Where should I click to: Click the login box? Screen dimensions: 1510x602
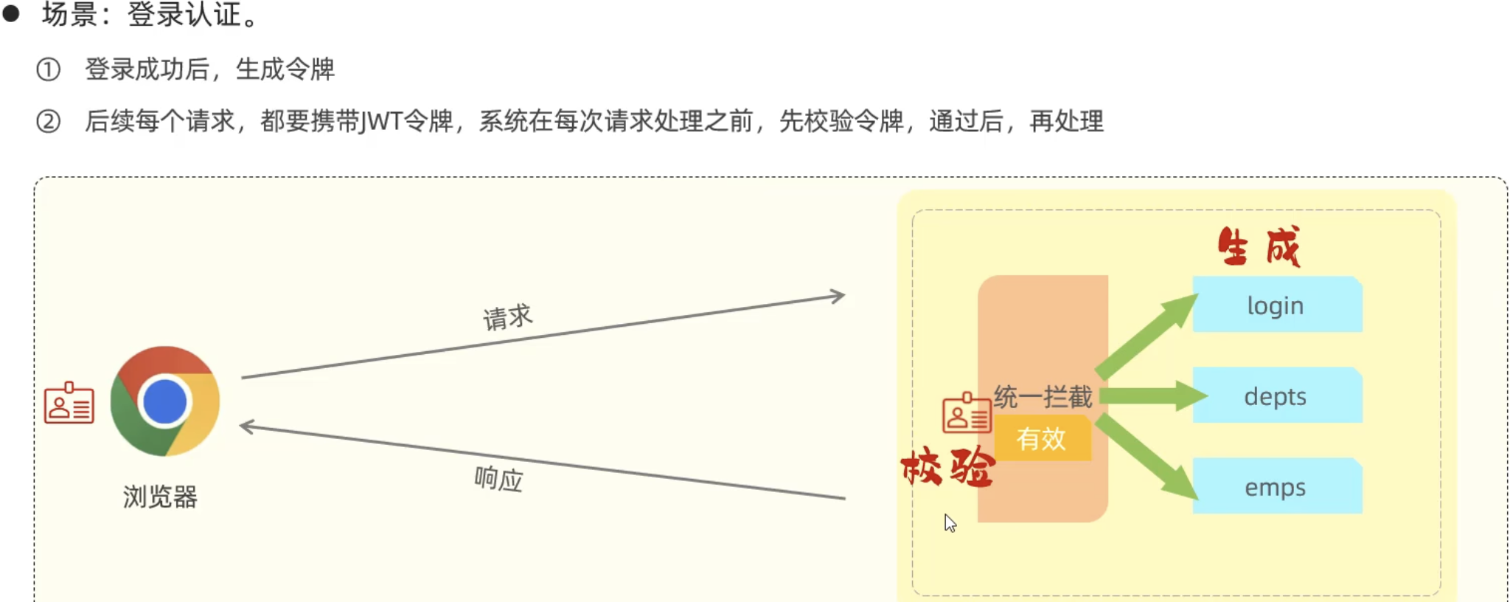tap(1276, 305)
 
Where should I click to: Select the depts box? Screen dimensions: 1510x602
tap(1276, 395)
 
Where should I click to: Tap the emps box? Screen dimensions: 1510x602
tap(1276, 486)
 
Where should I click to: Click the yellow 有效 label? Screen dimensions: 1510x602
tap(1042, 439)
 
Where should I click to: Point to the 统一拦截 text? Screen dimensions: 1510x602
tap(1043, 397)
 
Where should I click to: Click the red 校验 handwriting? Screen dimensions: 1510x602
tap(948, 467)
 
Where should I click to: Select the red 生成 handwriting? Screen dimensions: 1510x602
tap(1259, 246)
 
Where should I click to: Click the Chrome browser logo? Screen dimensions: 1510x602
tap(165, 401)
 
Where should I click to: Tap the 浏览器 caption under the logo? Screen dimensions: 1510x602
tap(160, 497)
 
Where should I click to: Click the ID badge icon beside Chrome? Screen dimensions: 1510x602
tap(69, 404)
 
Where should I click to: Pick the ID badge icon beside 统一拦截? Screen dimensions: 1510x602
tap(966, 413)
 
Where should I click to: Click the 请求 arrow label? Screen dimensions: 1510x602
tap(507, 317)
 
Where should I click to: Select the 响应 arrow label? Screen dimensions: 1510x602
tap(498, 479)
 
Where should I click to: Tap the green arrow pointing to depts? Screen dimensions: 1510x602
tap(1150, 396)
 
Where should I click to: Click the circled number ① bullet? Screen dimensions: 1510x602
tap(49, 69)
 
